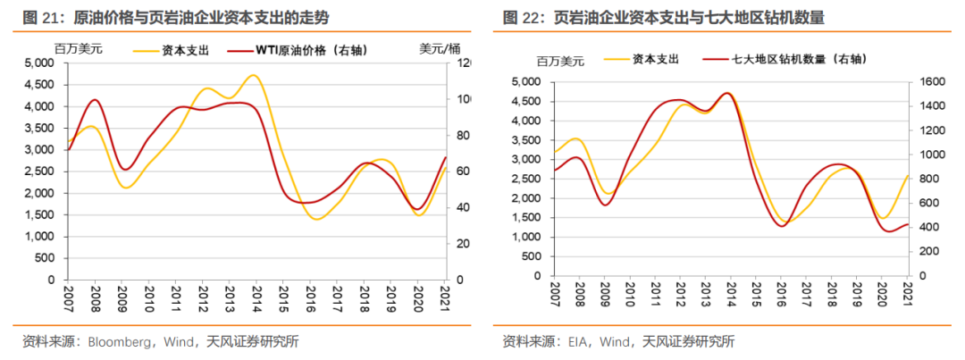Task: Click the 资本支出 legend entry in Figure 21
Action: pos(184,51)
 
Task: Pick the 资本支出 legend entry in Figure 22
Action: pos(656,60)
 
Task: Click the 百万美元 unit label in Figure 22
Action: pos(559,61)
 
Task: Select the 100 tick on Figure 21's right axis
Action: pos(464,99)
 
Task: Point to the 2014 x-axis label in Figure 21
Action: pos(256,295)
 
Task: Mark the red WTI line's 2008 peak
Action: pos(95,100)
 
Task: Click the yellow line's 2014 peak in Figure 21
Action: pos(254,75)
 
